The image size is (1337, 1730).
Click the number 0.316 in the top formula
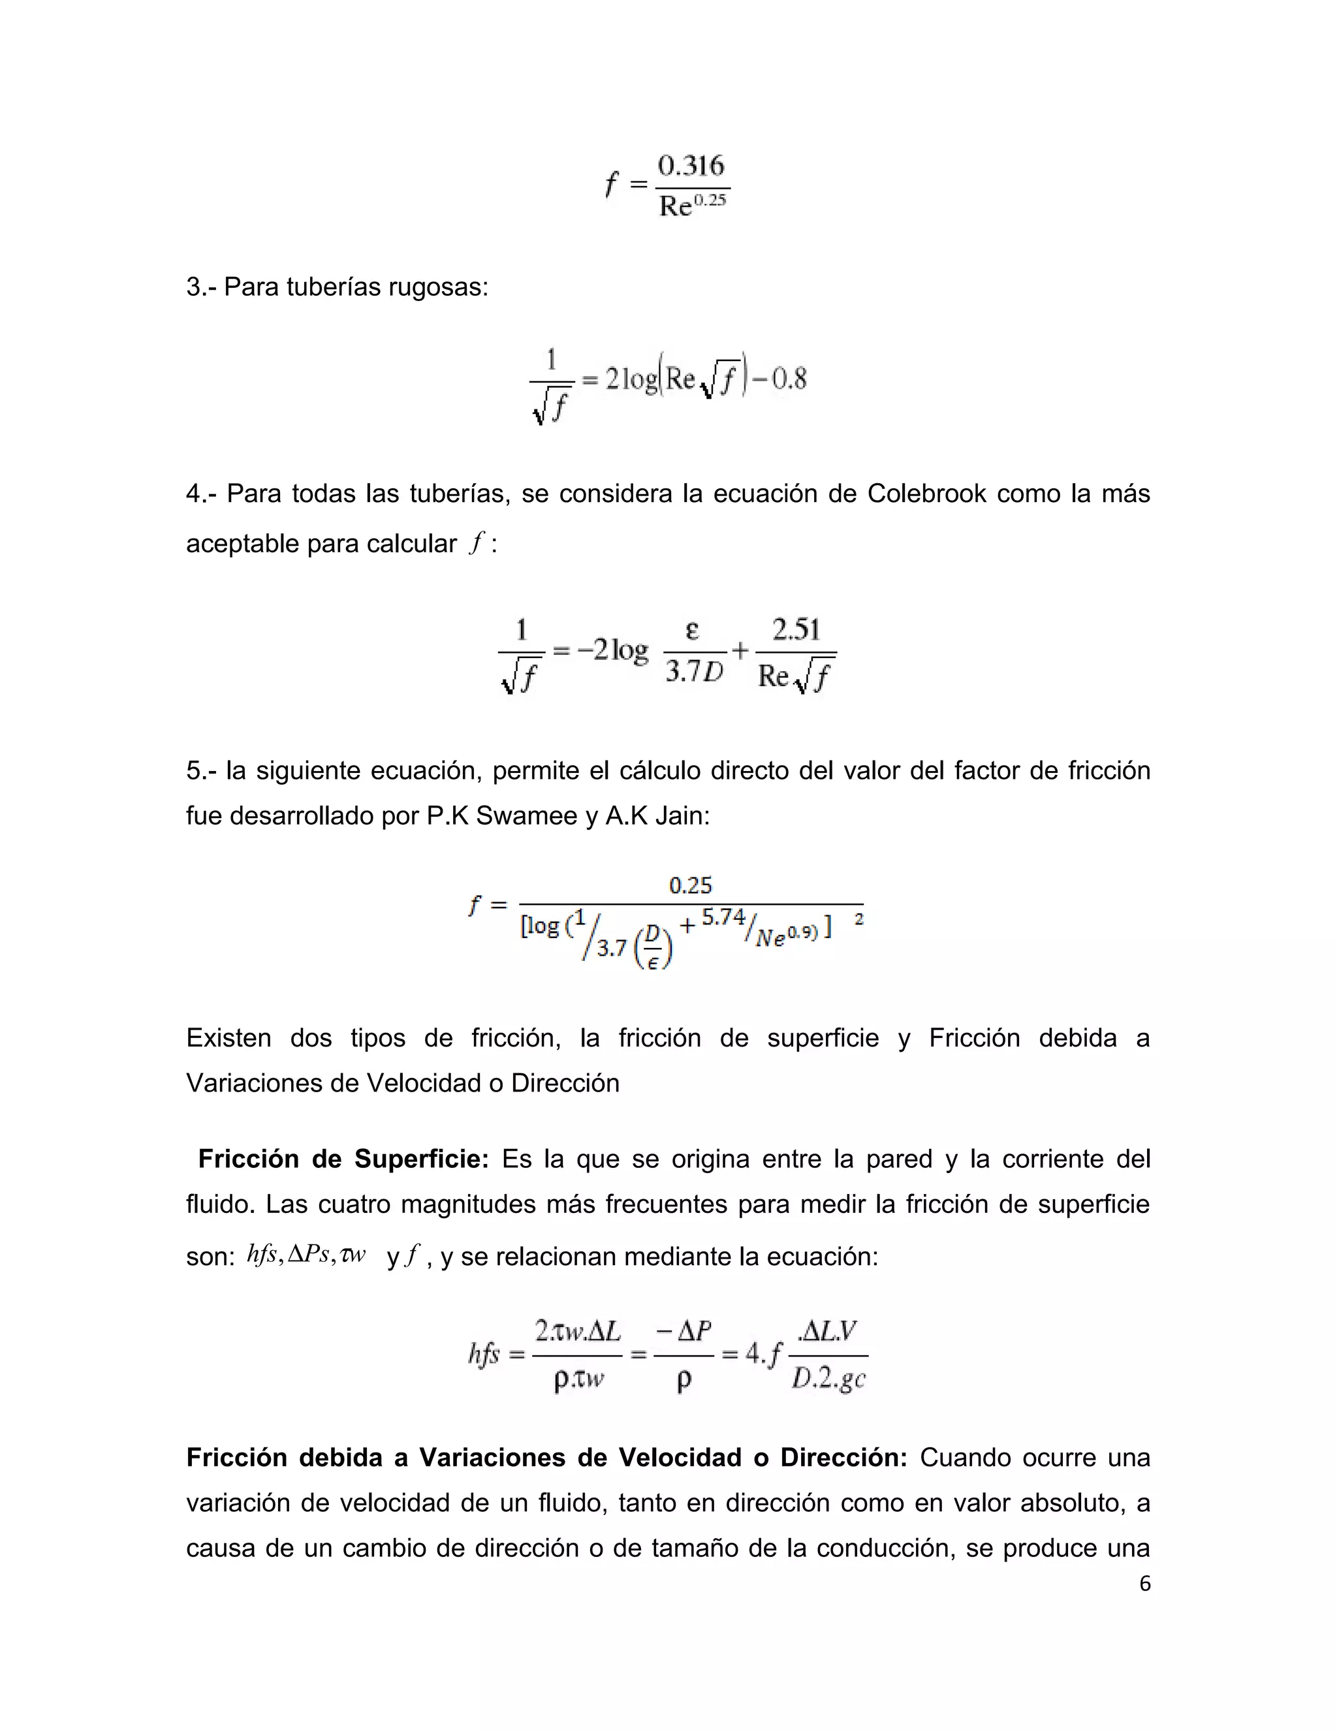point(691,166)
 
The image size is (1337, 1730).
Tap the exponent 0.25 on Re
point(710,200)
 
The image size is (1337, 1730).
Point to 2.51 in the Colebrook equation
point(796,631)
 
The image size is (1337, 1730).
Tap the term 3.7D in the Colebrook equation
point(695,672)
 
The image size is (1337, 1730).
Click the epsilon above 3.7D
point(692,631)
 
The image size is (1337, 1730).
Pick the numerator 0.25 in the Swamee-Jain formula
point(690,886)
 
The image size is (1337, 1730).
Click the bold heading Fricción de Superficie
point(343,1159)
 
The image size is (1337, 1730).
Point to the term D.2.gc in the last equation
point(828,1379)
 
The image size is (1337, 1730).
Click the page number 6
point(1144,1584)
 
